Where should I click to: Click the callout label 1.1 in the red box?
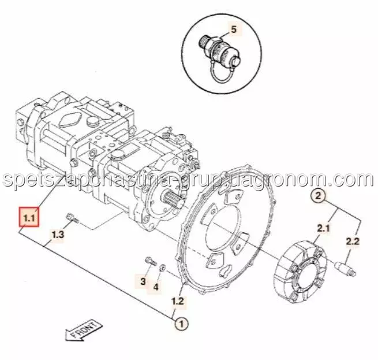(29, 217)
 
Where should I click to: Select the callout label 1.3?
(58, 234)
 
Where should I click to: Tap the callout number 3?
(143, 281)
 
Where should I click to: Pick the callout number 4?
(156, 287)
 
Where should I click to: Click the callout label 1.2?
(178, 301)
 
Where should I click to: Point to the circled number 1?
(182, 323)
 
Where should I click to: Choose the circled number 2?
(319, 195)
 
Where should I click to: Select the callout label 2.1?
(323, 228)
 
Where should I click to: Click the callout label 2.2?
(353, 241)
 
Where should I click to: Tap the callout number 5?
(234, 29)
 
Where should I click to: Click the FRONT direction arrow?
(84, 331)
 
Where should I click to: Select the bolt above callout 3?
(151, 262)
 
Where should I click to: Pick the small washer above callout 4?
(163, 268)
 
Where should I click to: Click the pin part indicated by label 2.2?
(345, 270)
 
